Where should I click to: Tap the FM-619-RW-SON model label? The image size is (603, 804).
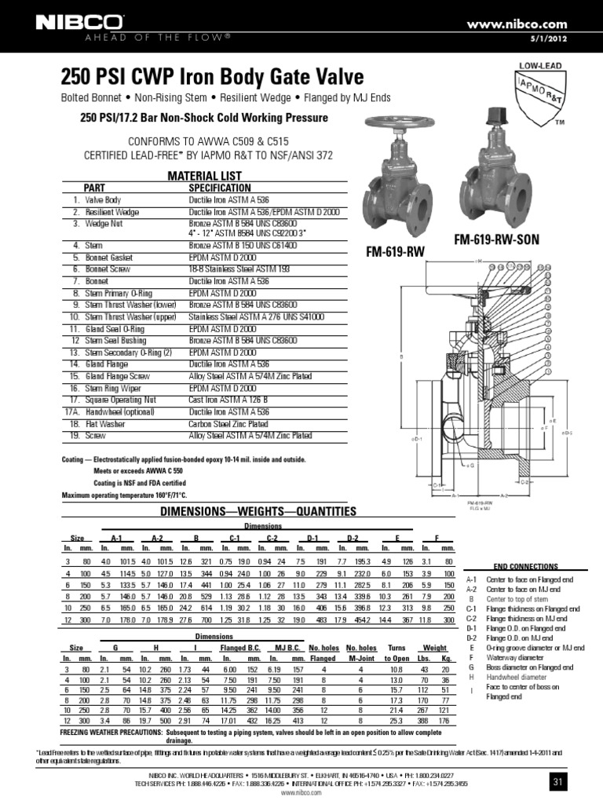click(x=496, y=239)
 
